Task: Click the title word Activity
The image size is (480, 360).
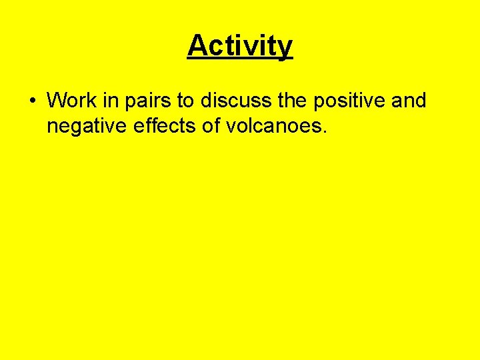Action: point(240,46)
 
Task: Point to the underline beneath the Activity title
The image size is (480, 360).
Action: point(240,59)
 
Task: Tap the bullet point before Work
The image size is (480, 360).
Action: point(32,101)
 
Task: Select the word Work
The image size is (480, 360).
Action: point(71,101)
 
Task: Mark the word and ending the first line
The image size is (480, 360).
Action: point(408,101)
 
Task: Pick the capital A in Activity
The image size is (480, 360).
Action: point(197,46)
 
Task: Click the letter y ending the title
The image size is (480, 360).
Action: point(285,49)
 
